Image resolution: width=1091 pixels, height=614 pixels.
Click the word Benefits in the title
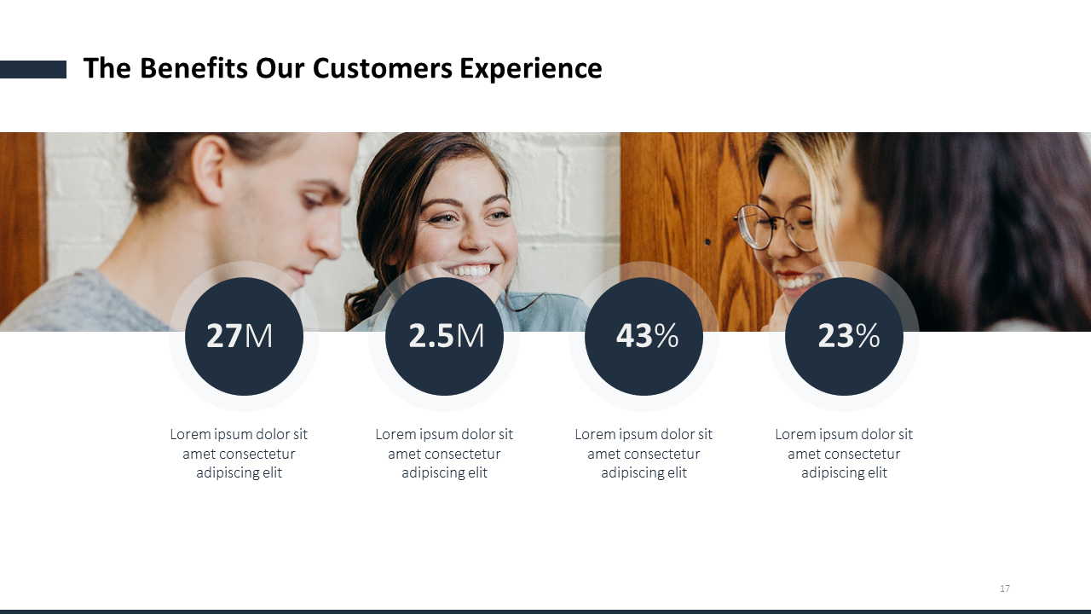[193, 67]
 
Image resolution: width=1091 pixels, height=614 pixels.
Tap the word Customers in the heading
[383, 67]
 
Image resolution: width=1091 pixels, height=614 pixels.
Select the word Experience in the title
[531, 69]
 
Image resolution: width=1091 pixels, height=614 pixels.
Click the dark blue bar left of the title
[33, 69]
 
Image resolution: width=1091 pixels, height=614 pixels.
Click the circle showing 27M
[244, 336]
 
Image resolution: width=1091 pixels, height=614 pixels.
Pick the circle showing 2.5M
[444, 336]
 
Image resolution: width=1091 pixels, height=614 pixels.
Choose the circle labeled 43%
[644, 336]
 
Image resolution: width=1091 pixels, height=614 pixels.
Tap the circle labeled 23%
[844, 336]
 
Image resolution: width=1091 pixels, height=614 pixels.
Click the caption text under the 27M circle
[239, 453]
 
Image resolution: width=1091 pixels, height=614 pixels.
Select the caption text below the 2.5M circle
[444, 453]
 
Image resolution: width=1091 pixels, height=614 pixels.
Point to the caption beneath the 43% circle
[644, 453]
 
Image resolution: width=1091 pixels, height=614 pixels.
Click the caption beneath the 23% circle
[844, 453]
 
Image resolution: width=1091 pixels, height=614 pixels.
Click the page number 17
[1004, 588]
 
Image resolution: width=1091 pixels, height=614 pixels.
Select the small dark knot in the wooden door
[707, 241]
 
